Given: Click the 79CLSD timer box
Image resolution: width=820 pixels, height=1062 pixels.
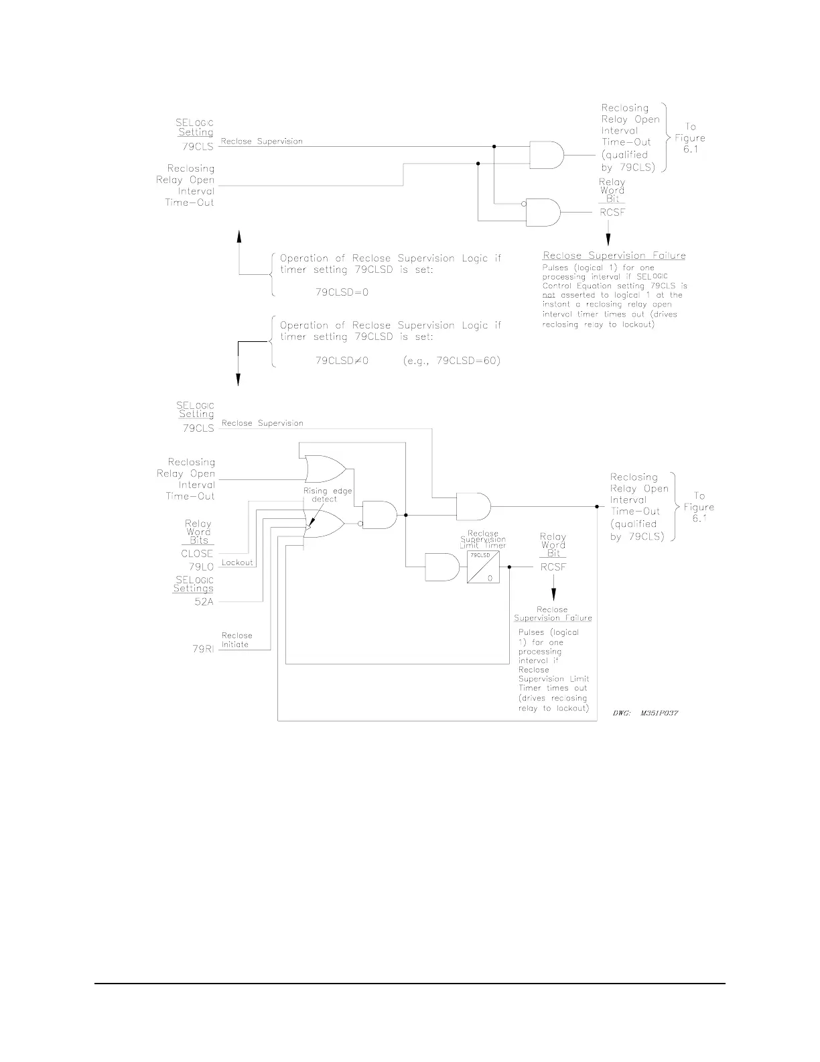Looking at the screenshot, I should tap(483, 567).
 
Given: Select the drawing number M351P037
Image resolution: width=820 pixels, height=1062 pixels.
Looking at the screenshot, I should tap(646, 713).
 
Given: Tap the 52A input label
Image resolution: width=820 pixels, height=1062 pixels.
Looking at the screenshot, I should tap(204, 602).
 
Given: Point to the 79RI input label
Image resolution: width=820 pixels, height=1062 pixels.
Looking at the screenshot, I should tap(202, 649).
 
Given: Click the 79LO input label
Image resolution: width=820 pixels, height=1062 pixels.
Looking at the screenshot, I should tap(201, 567).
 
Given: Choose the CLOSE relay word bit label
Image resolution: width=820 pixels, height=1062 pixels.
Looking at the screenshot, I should tap(197, 554).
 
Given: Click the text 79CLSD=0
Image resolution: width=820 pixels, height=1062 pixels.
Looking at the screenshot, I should tap(342, 292).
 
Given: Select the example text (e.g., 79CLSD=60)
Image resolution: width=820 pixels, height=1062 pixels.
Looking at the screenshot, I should tap(452, 361).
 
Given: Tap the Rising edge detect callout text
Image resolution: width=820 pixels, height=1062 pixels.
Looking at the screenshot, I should tap(328, 495).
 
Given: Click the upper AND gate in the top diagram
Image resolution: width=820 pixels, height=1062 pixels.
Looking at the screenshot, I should tap(547, 155).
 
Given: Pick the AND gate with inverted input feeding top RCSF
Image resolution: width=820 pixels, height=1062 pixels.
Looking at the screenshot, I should tap(543, 212).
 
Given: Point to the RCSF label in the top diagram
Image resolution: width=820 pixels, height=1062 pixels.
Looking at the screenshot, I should tap(612, 213).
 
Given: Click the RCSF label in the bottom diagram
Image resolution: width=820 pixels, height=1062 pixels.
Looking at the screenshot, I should tap(553, 567).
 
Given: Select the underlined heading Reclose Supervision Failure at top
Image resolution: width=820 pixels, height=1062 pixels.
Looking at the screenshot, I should tap(614, 255).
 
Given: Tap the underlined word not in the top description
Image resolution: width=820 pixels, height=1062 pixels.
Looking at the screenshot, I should tap(549, 295).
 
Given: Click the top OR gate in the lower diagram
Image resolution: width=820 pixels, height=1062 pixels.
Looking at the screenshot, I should tap(324, 469).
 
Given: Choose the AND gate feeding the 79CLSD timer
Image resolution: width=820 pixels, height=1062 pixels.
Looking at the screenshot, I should tap(442, 567).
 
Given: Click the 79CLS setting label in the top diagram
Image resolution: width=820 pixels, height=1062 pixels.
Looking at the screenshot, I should tap(198, 146).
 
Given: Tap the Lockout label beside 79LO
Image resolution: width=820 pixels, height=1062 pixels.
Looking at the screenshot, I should tap(237, 563).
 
